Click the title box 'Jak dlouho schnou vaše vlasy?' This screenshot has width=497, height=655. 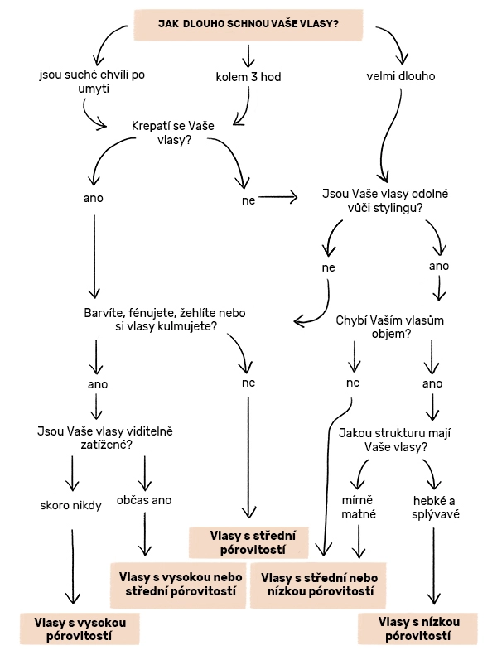point(248,24)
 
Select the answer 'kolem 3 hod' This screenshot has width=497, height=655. point(248,77)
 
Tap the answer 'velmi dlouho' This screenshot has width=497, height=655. point(400,77)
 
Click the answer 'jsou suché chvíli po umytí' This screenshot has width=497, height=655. point(92,81)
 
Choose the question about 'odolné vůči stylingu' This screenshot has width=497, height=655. point(384,201)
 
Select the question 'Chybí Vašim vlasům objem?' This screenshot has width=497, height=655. point(386,327)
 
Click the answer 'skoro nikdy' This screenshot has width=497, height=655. point(70,504)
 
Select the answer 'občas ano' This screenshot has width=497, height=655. point(144,500)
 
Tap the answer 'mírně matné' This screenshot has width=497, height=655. point(359,507)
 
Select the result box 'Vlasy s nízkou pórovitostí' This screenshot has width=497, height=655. point(418,629)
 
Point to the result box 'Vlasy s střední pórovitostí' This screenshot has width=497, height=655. point(248,542)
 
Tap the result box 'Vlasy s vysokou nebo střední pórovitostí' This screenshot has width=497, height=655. point(179,584)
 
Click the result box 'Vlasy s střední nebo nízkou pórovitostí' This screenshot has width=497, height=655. point(319,584)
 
